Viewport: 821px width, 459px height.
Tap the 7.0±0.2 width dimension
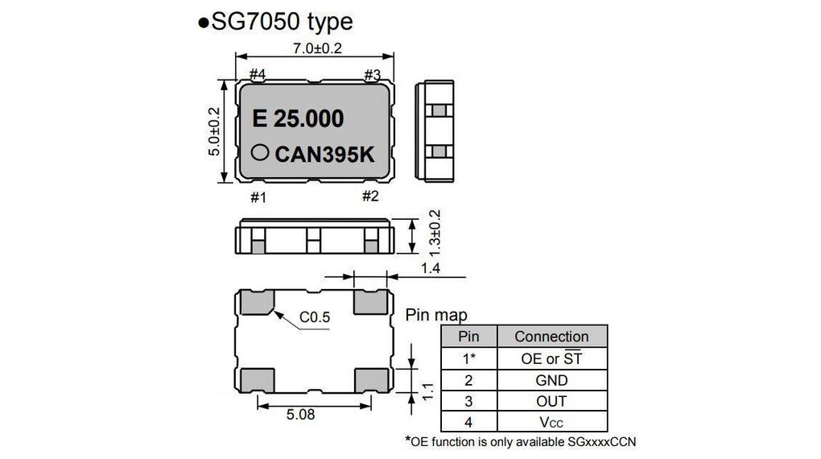pos(315,48)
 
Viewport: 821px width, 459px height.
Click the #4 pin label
pos(258,75)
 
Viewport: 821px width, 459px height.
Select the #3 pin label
pos(371,75)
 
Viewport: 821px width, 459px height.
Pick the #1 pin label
pos(258,196)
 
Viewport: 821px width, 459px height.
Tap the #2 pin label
pos(370,196)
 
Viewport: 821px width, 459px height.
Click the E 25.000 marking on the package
pos(298,119)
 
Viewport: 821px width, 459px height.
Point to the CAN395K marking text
pos(324,154)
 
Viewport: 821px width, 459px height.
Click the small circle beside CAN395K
pos(260,151)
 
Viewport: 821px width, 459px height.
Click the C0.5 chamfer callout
pos(316,317)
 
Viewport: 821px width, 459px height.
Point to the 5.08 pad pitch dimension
pos(300,416)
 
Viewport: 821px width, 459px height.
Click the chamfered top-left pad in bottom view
pos(256,303)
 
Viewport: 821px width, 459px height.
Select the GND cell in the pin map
pos(551,380)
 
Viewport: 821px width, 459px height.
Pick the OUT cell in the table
pos(551,401)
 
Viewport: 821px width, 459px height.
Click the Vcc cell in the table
pos(551,422)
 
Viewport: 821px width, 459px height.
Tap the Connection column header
pos(551,337)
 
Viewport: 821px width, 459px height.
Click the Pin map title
pos(435,315)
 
